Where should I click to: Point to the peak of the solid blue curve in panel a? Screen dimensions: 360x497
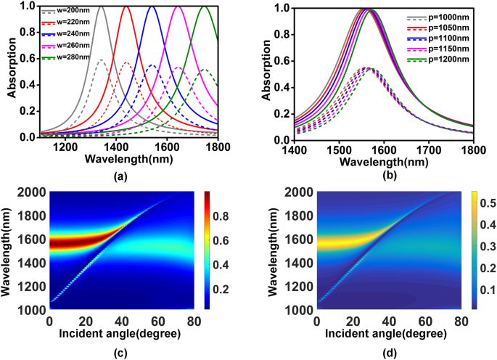click(x=152, y=7)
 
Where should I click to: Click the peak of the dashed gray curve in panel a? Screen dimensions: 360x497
click(x=102, y=60)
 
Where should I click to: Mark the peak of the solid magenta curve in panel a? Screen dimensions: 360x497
click(x=178, y=7)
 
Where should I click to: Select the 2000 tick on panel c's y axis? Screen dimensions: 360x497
click(x=31, y=192)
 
